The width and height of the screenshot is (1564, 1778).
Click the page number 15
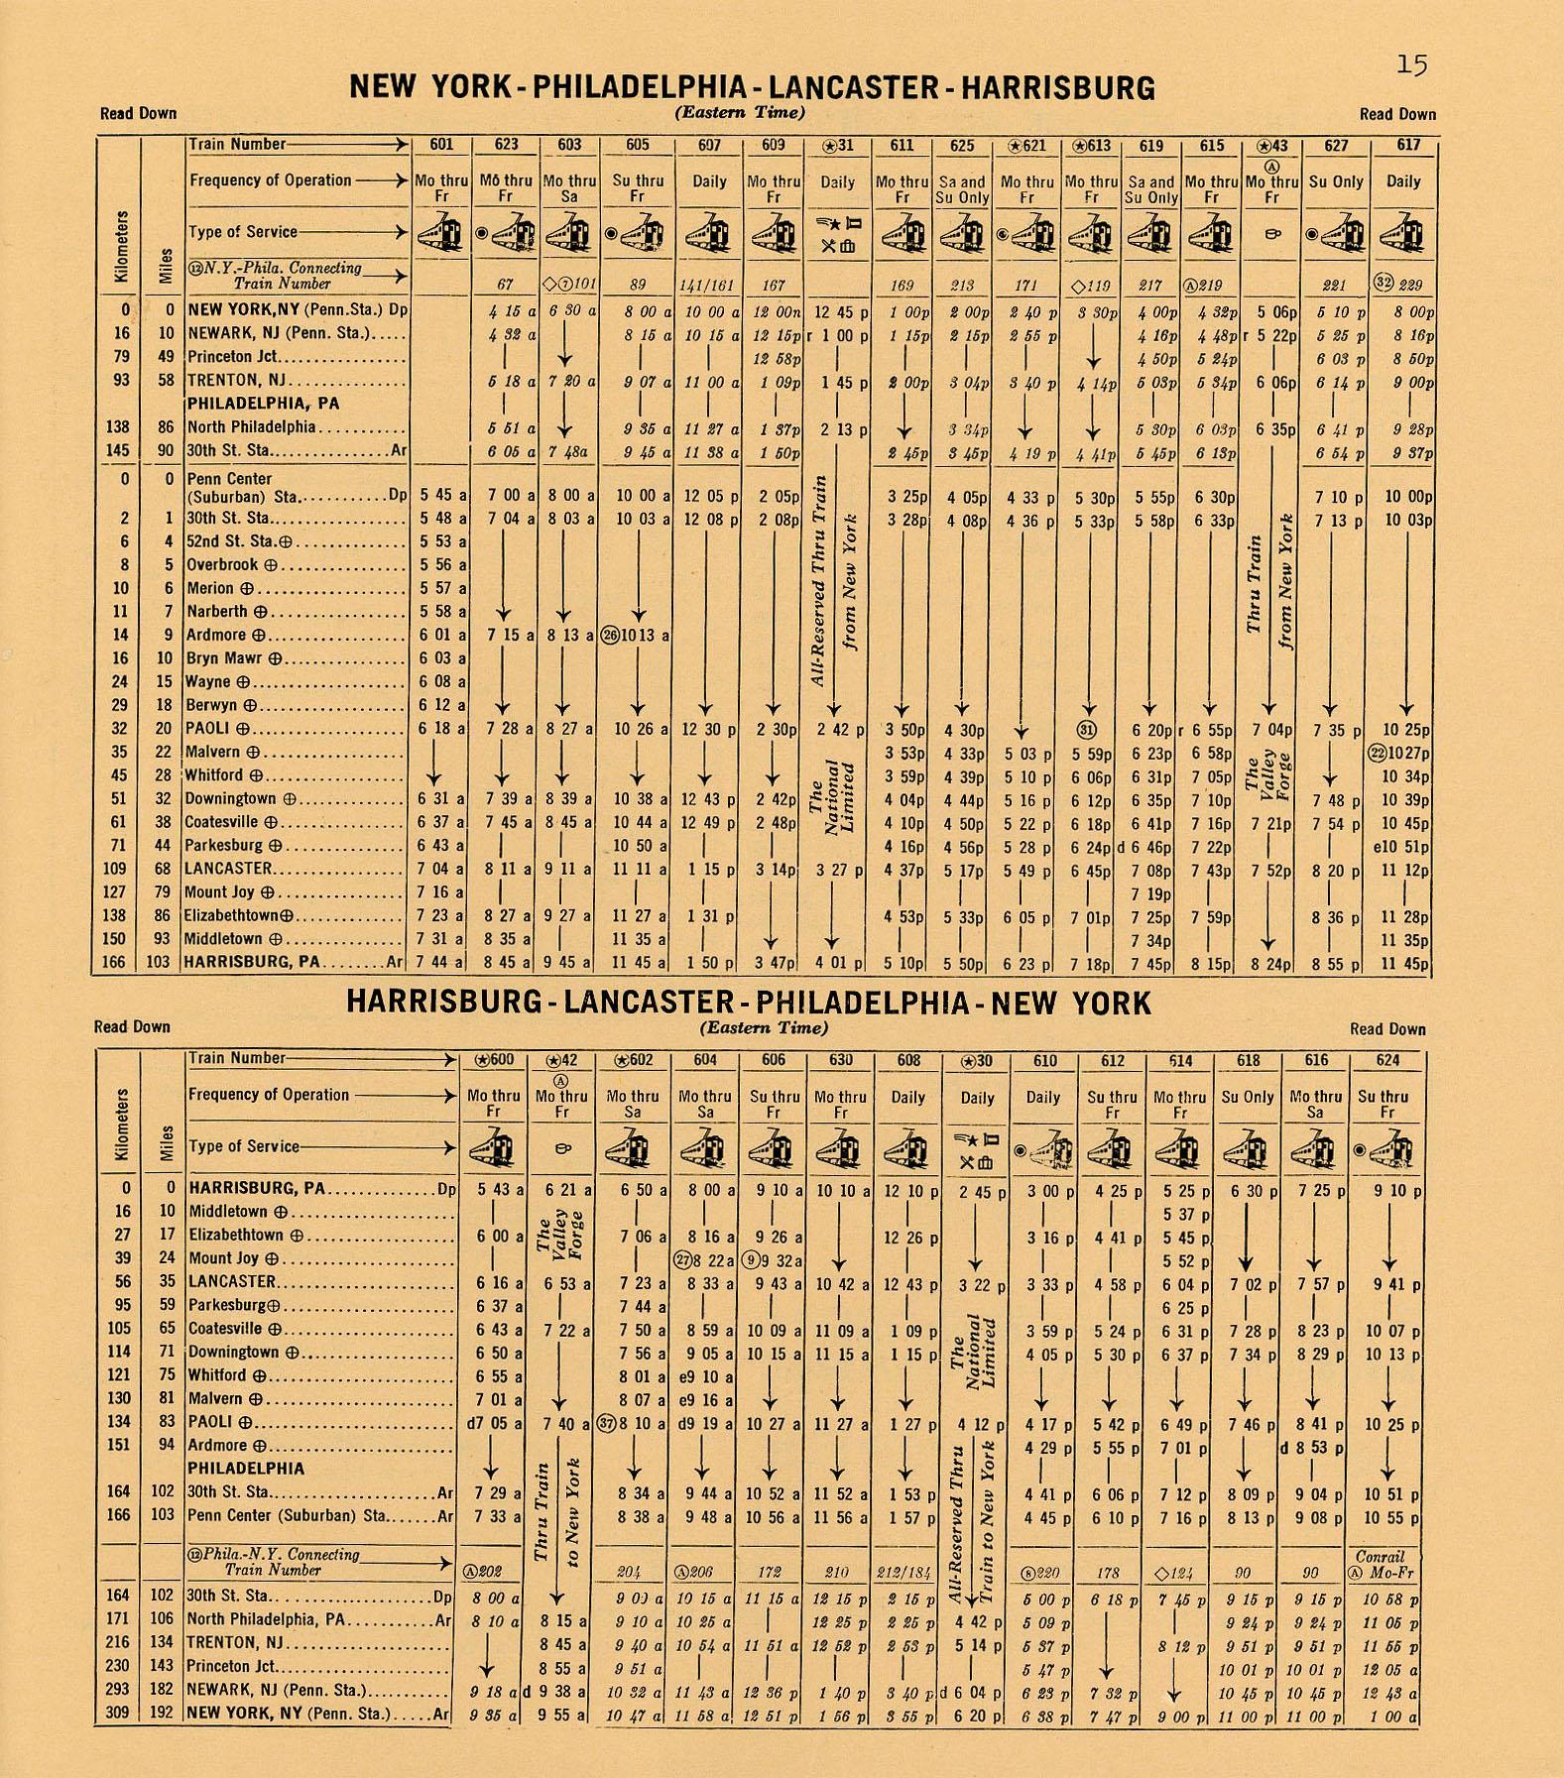pos(1412,65)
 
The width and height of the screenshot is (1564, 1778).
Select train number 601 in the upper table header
pos(441,145)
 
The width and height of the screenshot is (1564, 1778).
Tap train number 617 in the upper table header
pos(1407,145)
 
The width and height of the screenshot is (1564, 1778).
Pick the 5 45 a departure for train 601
pos(441,495)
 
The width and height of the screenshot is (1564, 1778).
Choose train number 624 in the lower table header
pos(1386,1060)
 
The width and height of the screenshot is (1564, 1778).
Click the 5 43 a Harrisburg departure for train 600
pos(494,1189)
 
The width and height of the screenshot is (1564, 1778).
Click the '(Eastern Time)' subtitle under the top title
pos(740,112)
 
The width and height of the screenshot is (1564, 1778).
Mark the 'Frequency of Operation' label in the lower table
pos(268,1095)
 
